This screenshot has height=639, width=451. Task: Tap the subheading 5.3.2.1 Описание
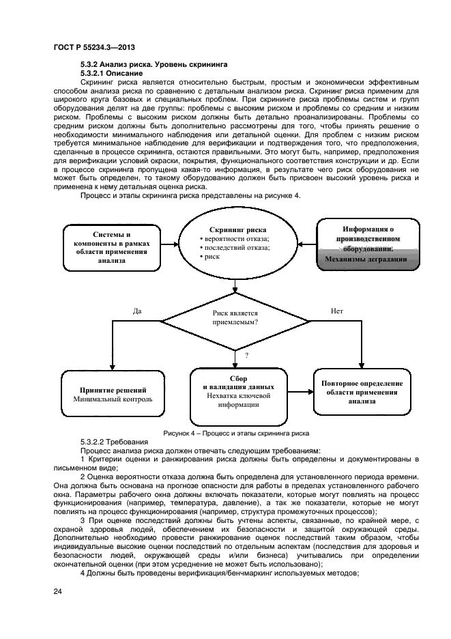(x=111, y=72)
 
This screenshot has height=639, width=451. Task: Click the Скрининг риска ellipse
(x=237, y=244)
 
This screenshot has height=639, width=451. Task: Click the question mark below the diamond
(x=246, y=355)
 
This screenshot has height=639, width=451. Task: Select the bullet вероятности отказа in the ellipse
(x=235, y=238)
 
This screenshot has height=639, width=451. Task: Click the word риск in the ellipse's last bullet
(x=214, y=257)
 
